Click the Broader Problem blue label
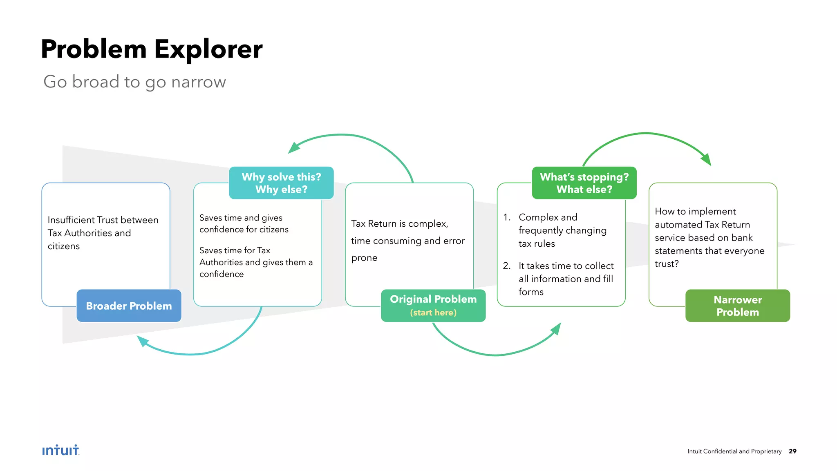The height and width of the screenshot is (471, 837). (129, 306)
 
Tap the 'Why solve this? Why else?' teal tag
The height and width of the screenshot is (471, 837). (281, 183)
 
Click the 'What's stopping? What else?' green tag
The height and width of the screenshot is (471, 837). (584, 183)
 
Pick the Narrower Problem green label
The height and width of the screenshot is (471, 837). (737, 306)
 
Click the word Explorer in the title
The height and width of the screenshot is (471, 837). (208, 49)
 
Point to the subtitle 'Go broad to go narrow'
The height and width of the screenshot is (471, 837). (134, 82)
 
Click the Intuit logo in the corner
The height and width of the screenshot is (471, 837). (60, 450)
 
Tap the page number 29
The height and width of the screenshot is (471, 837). (792, 451)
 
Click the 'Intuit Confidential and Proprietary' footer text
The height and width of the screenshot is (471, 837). (734, 451)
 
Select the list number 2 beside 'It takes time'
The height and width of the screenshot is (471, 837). (506, 266)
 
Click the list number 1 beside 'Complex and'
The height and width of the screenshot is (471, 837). (506, 217)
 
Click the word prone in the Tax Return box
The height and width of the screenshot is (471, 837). (364, 258)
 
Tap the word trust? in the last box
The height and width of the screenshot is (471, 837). (667, 264)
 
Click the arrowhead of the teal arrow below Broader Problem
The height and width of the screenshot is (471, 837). (142, 340)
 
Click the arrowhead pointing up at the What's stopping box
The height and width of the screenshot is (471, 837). (556, 328)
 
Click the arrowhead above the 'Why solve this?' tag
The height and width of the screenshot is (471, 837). (293, 148)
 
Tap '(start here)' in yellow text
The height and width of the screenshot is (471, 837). (433, 313)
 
